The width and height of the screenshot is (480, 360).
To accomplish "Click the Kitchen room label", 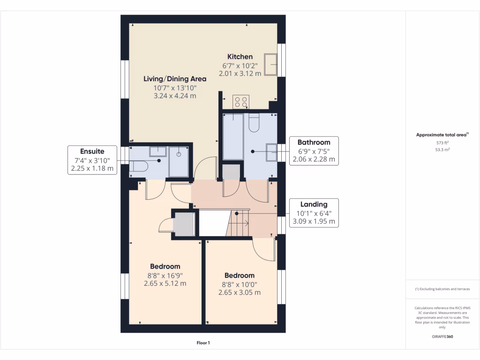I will coord(240,57).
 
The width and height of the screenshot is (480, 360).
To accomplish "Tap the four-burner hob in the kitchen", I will coord(241,102).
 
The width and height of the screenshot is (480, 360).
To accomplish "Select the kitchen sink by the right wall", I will coord(270,64).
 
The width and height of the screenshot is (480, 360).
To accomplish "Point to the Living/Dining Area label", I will coord(175,79).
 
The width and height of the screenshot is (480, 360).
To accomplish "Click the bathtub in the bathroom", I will coord(233,136).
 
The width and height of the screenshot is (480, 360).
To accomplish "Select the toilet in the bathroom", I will coord(254,122).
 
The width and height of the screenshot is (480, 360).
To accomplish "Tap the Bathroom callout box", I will coord(314,150).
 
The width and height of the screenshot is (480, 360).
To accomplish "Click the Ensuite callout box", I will coord(92,160).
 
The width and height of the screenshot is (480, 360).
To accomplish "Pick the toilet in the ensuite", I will coord(138,166).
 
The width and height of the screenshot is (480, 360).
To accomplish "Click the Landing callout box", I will coord(314,213).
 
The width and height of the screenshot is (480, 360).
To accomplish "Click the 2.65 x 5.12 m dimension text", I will coord(165,283).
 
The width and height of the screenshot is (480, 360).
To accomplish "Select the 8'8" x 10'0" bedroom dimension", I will coord(240,284).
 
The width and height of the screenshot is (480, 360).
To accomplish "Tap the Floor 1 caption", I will coord(203,343).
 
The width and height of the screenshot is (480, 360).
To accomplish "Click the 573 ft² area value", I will coord(442,142).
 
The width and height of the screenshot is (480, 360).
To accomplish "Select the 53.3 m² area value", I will coord(442,150).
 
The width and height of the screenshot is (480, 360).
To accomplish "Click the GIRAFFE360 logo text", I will coord(442,337).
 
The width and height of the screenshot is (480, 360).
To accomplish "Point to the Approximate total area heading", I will coord(442,135).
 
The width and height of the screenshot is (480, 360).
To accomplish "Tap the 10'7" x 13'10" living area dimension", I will coord(175,88).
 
